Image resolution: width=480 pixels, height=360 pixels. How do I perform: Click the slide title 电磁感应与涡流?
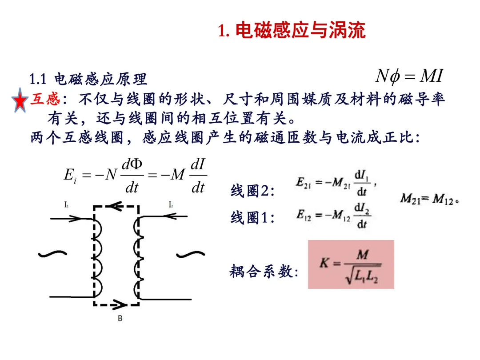(292, 31)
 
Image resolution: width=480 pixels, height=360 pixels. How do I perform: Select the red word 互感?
(43, 99)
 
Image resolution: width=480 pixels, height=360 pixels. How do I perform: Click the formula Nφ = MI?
(409, 76)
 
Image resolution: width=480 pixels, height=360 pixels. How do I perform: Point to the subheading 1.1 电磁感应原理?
(88, 79)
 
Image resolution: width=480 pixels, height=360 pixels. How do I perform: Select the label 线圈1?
(252, 218)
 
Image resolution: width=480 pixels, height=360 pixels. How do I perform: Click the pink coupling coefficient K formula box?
(351, 264)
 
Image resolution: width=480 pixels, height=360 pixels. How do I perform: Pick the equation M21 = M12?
(429, 200)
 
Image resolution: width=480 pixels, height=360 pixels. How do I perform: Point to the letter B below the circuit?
(120, 318)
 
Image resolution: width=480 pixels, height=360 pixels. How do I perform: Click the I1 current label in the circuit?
(66, 205)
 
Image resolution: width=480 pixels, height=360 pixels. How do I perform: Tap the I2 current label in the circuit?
(171, 205)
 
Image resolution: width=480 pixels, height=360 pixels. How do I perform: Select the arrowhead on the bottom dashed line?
(120, 305)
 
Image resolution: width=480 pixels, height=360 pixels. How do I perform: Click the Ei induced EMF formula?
(135, 176)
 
